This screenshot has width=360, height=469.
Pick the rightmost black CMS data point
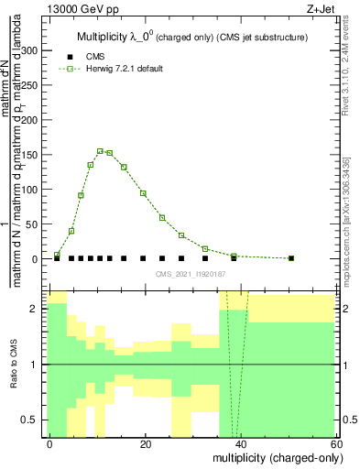click(291, 258)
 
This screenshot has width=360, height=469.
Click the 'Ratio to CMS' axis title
click(14, 365)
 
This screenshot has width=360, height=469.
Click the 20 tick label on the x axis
click(145, 443)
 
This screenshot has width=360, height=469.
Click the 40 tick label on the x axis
click(240, 443)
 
